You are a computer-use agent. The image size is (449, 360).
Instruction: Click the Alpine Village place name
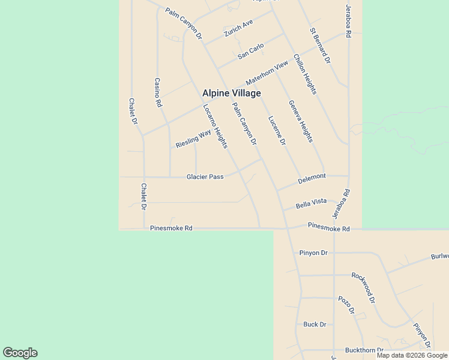tap(231, 93)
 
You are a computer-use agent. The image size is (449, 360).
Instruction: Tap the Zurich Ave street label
tap(239, 29)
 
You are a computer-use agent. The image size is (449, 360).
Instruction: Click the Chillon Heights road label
tap(304, 74)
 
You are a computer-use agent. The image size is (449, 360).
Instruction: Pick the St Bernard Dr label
tap(320, 46)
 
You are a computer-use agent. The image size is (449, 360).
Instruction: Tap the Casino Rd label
tap(158, 92)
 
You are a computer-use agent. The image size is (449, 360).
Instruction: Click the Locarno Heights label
tap(215, 126)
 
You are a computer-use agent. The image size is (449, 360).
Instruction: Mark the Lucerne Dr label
tap(276, 130)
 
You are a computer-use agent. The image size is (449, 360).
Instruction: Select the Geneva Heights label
tap(300, 121)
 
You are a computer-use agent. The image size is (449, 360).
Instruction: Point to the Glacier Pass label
tap(205, 176)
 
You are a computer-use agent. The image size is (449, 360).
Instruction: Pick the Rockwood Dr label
tap(363, 287)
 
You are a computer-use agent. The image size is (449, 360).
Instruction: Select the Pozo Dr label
tap(346, 305)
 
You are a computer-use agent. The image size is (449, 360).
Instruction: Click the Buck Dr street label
tap(315, 324)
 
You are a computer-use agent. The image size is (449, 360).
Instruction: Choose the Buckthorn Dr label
tap(364, 350)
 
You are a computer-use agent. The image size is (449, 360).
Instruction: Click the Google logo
tap(20, 353)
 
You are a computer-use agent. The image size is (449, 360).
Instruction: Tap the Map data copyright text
tap(412, 355)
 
